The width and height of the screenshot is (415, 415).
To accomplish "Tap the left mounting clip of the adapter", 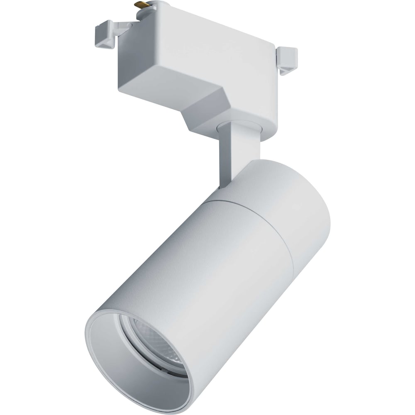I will click(105, 35).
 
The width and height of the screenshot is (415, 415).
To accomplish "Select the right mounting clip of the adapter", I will click(288, 60).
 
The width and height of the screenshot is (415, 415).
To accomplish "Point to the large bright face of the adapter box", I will click(207, 46).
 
